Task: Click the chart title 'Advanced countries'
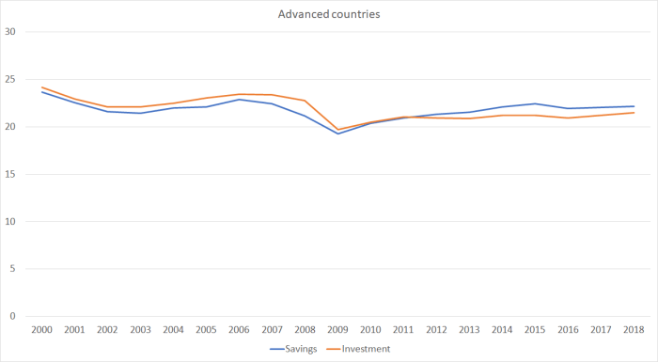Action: pyautogui.click(x=329, y=14)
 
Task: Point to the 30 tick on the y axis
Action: pyautogui.click(x=11, y=32)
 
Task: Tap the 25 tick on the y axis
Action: pyautogui.click(x=11, y=79)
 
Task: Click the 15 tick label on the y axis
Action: pyautogui.click(x=11, y=174)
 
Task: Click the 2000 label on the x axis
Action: pyautogui.click(x=42, y=330)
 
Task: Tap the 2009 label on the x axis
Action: pyautogui.click(x=338, y=330)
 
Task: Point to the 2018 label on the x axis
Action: pyautogui.click(x=634, y=330)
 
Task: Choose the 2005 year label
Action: pyautogui.click(x=207, y=330)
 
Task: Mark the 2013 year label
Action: pyautogui.click(x=470, y=330)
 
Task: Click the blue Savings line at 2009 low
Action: pyautogui.click(x=338, y=134)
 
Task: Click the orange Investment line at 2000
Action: pyautogui.click(x=42, y=87)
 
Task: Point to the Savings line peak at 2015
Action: pyautogui.click(x=535, y=103)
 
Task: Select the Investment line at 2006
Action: pyautogui.click(x=240, y=94)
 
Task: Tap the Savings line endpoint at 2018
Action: pyautogui.click(x=634, y=106)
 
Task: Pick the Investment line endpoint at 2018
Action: pyautogui.click(x=634, y=113)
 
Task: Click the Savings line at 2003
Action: pyautogui.click(x=141, y=113)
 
